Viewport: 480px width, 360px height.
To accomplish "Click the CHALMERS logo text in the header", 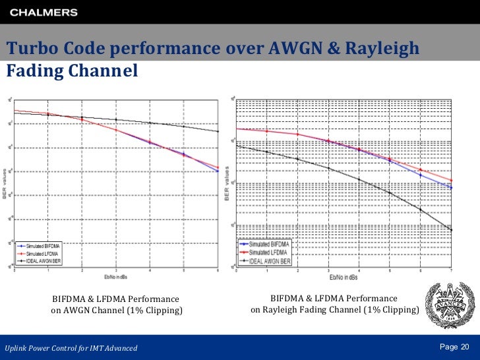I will click(x=44, y=12).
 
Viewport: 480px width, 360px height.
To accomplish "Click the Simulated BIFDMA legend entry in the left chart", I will click(x=45, y=246).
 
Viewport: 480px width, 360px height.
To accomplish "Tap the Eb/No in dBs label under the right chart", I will click(x=342, y=276).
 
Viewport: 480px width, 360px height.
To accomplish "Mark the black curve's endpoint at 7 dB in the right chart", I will click(x=451, y=229).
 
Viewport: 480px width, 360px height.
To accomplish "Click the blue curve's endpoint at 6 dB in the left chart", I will click(x=218, y=171).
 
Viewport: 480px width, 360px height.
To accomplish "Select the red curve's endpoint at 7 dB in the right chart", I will click(x=451, y=180).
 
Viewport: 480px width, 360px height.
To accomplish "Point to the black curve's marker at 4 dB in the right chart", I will click(x=359, y=179).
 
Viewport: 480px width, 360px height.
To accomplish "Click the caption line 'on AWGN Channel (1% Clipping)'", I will click(x=117, y=311).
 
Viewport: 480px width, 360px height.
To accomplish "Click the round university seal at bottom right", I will click(x=448, y=304).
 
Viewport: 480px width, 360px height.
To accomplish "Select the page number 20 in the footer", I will click(x=464, y=347).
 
